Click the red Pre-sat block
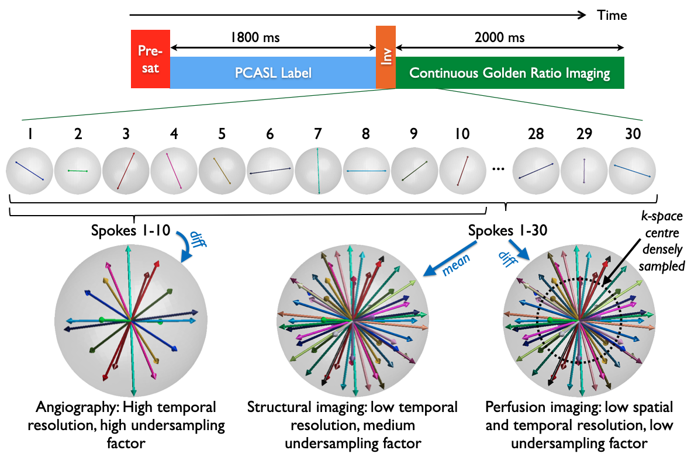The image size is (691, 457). point(150,59)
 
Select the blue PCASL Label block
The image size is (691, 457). point(273,73)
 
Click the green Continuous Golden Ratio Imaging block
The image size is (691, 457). point(510,73)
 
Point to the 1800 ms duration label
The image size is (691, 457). point(255,39)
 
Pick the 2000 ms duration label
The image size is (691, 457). point(500,39)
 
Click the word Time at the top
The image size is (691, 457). point(611,15)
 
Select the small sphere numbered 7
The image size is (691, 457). point(318,171)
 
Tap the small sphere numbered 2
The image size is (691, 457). point(77,171)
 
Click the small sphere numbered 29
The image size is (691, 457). point(583,171)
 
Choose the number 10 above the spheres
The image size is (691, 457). point(461,134)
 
